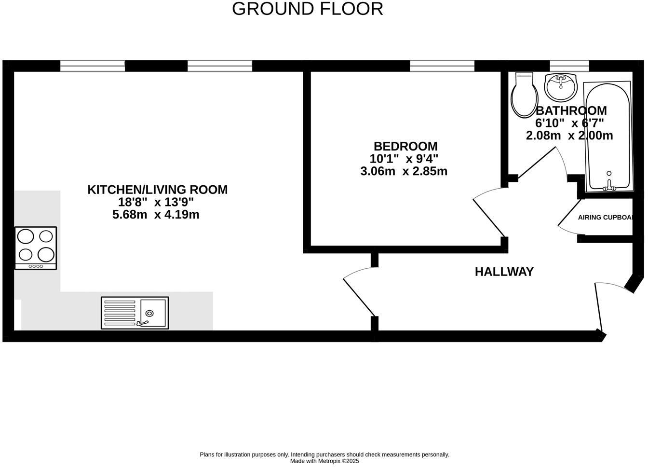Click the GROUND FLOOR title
coord(307,9)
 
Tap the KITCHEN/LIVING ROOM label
coord(157,190)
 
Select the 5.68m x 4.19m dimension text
coord(156,215)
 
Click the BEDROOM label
coord(405,146)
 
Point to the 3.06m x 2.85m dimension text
coord(404,171)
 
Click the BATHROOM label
coord(571,110)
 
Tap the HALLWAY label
coord(504,272)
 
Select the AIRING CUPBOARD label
coord(605,217)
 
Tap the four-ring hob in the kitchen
coord(36,248)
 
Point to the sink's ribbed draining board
coord(120,313)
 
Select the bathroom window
coord(569,66)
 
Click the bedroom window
coord(442,66)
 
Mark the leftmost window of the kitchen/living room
coord(93,66)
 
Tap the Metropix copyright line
coord(324,461)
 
